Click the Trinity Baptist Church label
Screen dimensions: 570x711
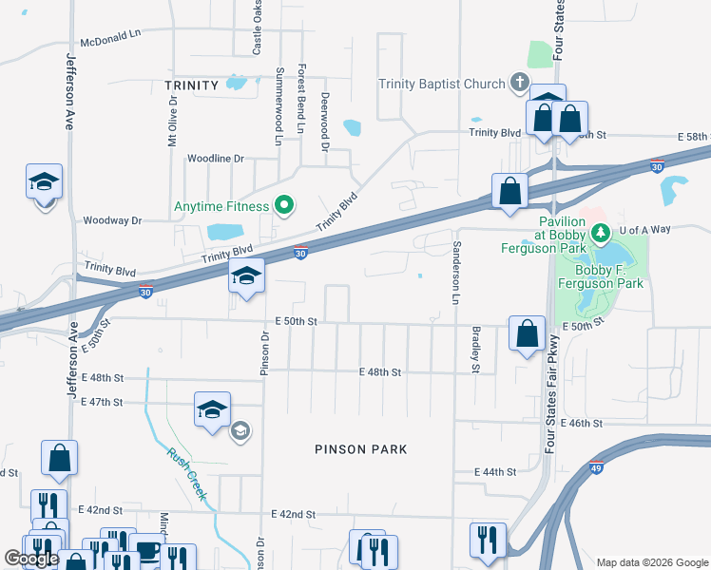[442, 84]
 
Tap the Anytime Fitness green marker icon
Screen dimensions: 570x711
[282, 204]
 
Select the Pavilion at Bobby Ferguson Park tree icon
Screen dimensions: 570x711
[600, 232]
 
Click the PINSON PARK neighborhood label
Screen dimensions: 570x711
[363, 449]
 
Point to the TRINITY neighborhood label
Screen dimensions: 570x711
[192, 85]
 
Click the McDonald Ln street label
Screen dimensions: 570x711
[110, 42]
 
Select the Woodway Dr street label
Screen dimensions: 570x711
[112, 219]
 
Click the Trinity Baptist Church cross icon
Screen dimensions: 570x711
[519, 83]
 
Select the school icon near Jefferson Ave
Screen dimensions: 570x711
[43, 181]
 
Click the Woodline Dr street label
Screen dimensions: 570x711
[216, 158]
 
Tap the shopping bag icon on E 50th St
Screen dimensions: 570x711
[527, 332]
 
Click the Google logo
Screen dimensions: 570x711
[32, 559]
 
